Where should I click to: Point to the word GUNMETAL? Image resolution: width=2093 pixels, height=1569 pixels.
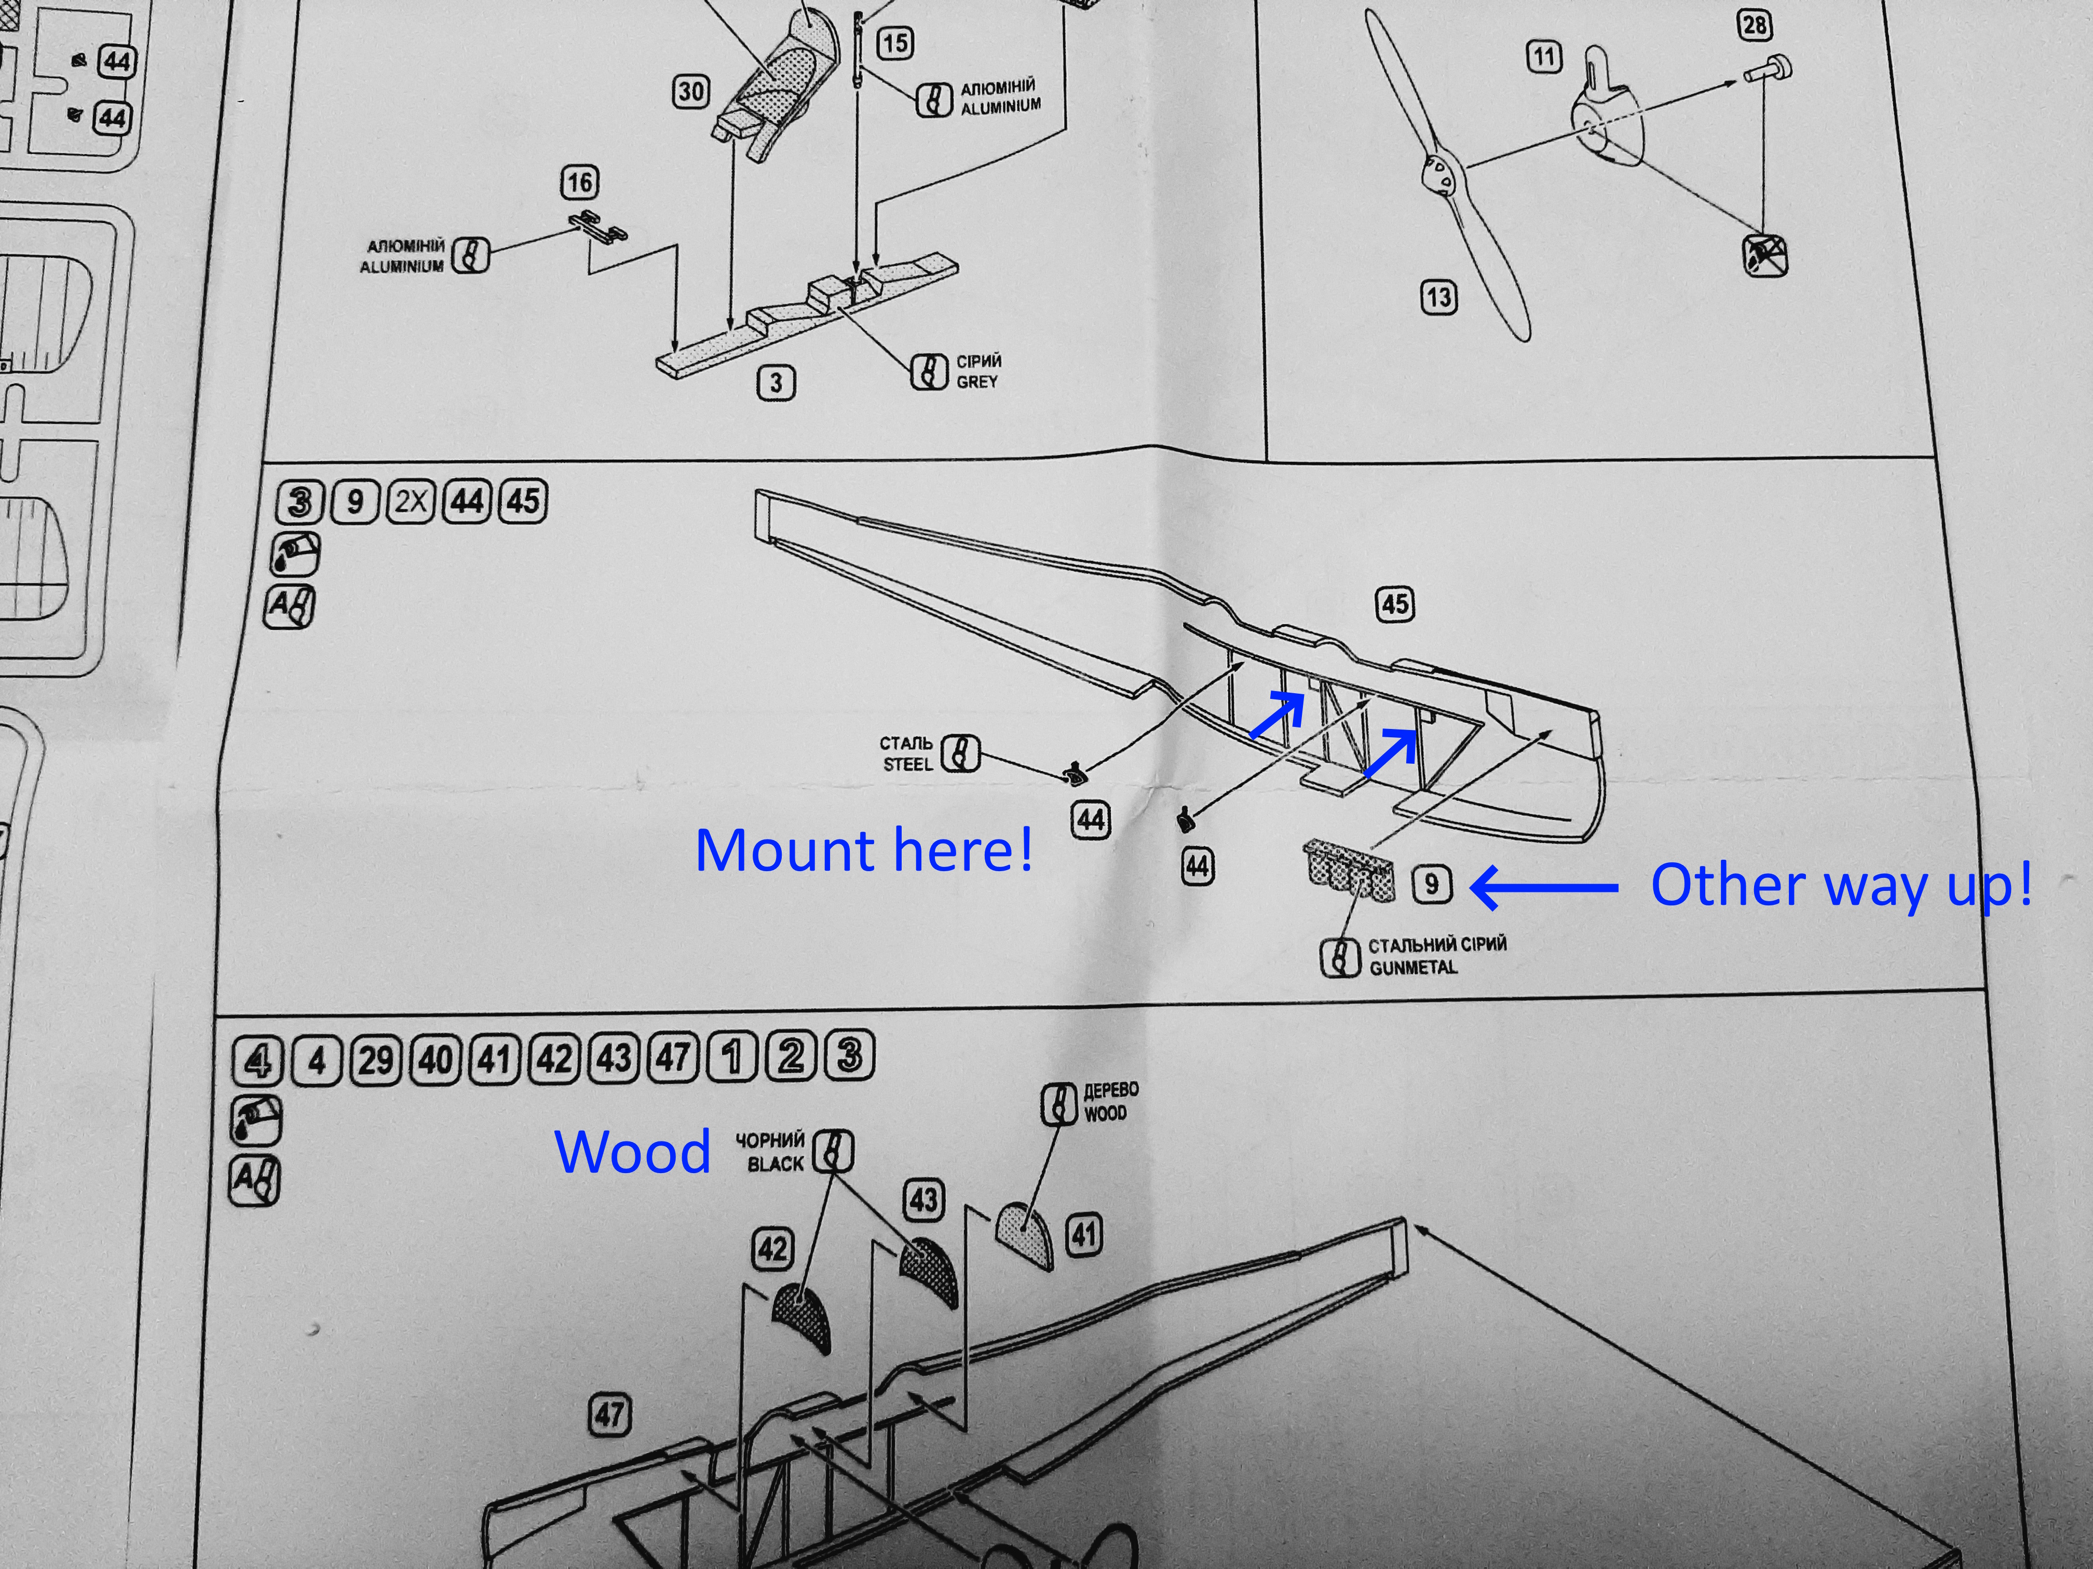1412,968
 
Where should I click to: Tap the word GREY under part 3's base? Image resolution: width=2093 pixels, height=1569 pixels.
976,382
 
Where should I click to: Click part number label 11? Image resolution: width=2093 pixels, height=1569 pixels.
1543,57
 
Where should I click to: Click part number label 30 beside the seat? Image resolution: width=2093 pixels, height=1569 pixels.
691,92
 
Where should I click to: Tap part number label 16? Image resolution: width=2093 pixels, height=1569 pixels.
579,183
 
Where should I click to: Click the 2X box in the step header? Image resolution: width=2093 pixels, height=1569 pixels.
411,501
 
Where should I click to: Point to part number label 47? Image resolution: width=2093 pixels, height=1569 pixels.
609,1415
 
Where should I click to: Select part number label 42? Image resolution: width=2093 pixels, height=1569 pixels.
772,1249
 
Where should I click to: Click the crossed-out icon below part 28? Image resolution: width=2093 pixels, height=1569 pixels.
1764,255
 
